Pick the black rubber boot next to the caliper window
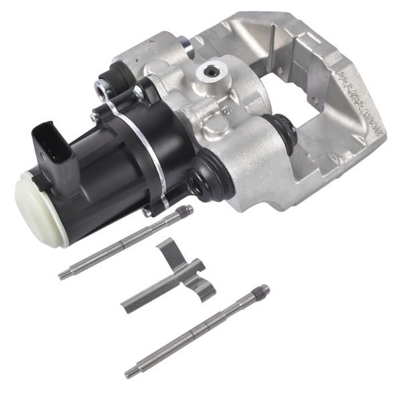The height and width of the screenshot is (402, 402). click(279, 127)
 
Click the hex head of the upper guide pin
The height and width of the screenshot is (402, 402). click(186, 211)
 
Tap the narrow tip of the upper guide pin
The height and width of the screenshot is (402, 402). click(64, 274)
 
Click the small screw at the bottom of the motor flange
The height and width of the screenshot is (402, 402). click(146, 212)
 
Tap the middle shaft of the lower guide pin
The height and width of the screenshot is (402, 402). click(194, 332)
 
